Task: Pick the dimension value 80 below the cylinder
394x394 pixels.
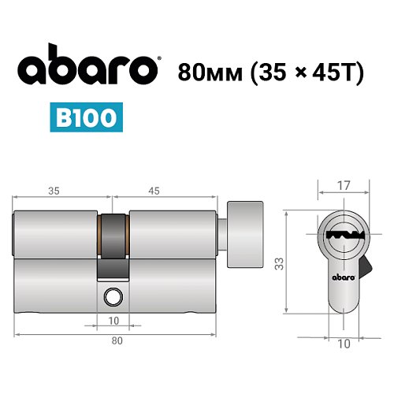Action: coord(117,340)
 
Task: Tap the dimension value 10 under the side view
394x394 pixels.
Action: coord(113,321)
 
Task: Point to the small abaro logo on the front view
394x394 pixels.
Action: coord(342,277)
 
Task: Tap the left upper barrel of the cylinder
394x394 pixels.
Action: coord(55,235)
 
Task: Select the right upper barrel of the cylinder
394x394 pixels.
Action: coord(173,235)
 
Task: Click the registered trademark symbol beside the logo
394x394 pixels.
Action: coord(161,60)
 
